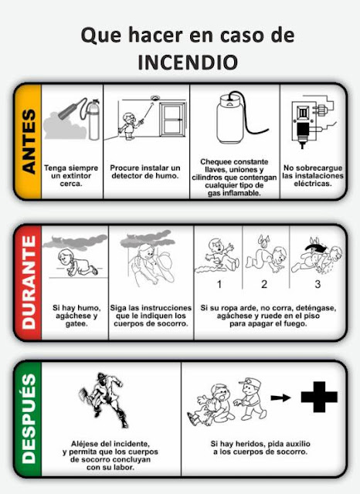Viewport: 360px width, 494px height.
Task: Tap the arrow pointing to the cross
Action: click(282, 398)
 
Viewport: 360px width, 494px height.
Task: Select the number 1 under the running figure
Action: click(219, 284)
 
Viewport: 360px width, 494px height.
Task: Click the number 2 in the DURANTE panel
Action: click(263, 284)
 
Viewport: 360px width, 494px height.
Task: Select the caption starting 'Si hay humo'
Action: click(75, 316)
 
